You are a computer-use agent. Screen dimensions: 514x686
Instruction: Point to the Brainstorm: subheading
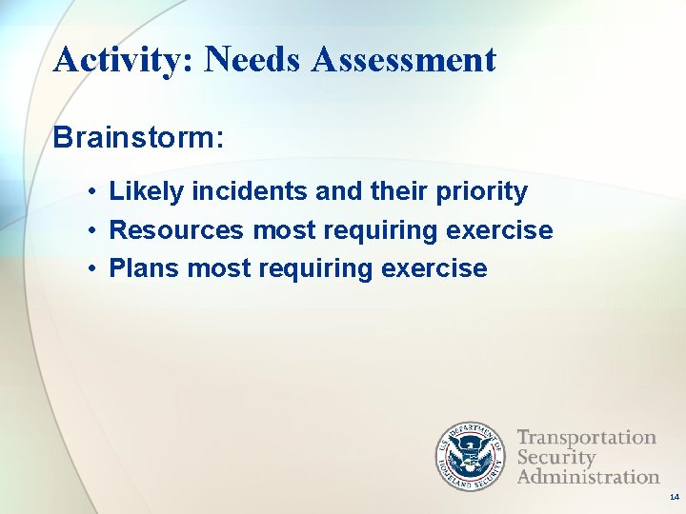pos(139,137)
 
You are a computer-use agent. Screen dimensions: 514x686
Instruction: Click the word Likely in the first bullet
pos(147,192)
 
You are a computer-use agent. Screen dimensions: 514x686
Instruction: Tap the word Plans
pos(145,268)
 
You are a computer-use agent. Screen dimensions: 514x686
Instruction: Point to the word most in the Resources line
pos(284,230)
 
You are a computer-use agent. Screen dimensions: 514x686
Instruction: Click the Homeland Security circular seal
pos(471,456)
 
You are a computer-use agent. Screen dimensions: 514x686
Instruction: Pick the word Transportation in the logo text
pos(586,438)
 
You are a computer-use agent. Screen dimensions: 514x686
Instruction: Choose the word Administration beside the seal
pos(588,476)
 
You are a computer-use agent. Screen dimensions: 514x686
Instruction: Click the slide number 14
pos(673,497)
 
